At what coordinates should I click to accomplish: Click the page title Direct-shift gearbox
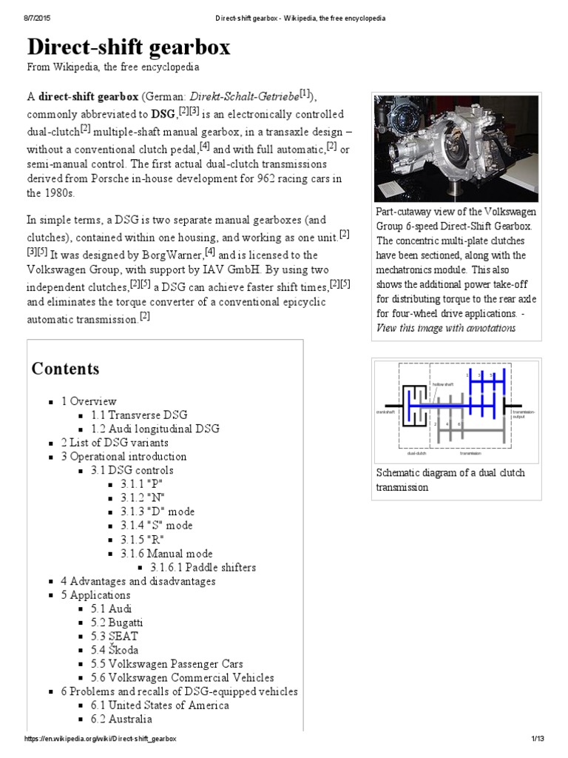point(129,47)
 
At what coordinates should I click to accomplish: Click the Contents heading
point(65,368)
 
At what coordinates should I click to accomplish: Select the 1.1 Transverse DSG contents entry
point(139,415)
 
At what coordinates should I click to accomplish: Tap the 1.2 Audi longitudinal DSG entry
point(155,429)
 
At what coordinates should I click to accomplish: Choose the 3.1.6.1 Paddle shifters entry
point(203,568)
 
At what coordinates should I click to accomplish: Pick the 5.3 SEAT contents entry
point(115,637)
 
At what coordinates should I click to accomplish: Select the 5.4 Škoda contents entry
point(115,650)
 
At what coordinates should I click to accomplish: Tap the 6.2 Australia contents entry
point(122,719)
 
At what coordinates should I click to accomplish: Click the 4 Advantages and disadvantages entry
point(138,581)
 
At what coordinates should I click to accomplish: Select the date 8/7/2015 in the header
point(25,18)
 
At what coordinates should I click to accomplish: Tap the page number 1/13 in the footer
point(537,739)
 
